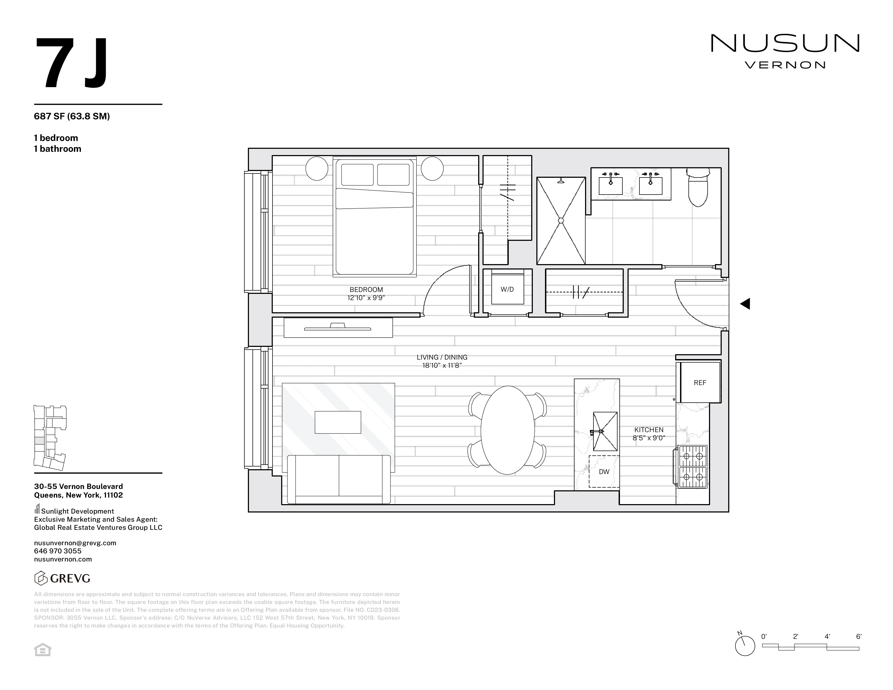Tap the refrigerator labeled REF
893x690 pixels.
click(x=700, y=383)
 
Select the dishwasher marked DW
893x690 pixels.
click(x=604, y=472)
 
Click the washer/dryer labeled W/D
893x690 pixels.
click(x=507, y=290)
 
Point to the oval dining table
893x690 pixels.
click(x=507, y=430)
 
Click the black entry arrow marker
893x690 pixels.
click(x=745, y=304)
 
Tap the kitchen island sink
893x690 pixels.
click(x=605, y=431)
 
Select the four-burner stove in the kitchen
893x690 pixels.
click(x=692, y=466)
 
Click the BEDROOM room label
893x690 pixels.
click(x=366, y=290)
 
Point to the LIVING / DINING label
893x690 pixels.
click(x=442, y=357)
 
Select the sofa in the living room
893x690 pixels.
click(x=339, y=479)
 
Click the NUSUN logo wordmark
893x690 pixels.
click(x=785, y=43)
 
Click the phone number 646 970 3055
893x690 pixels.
click(x=58, y=551)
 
